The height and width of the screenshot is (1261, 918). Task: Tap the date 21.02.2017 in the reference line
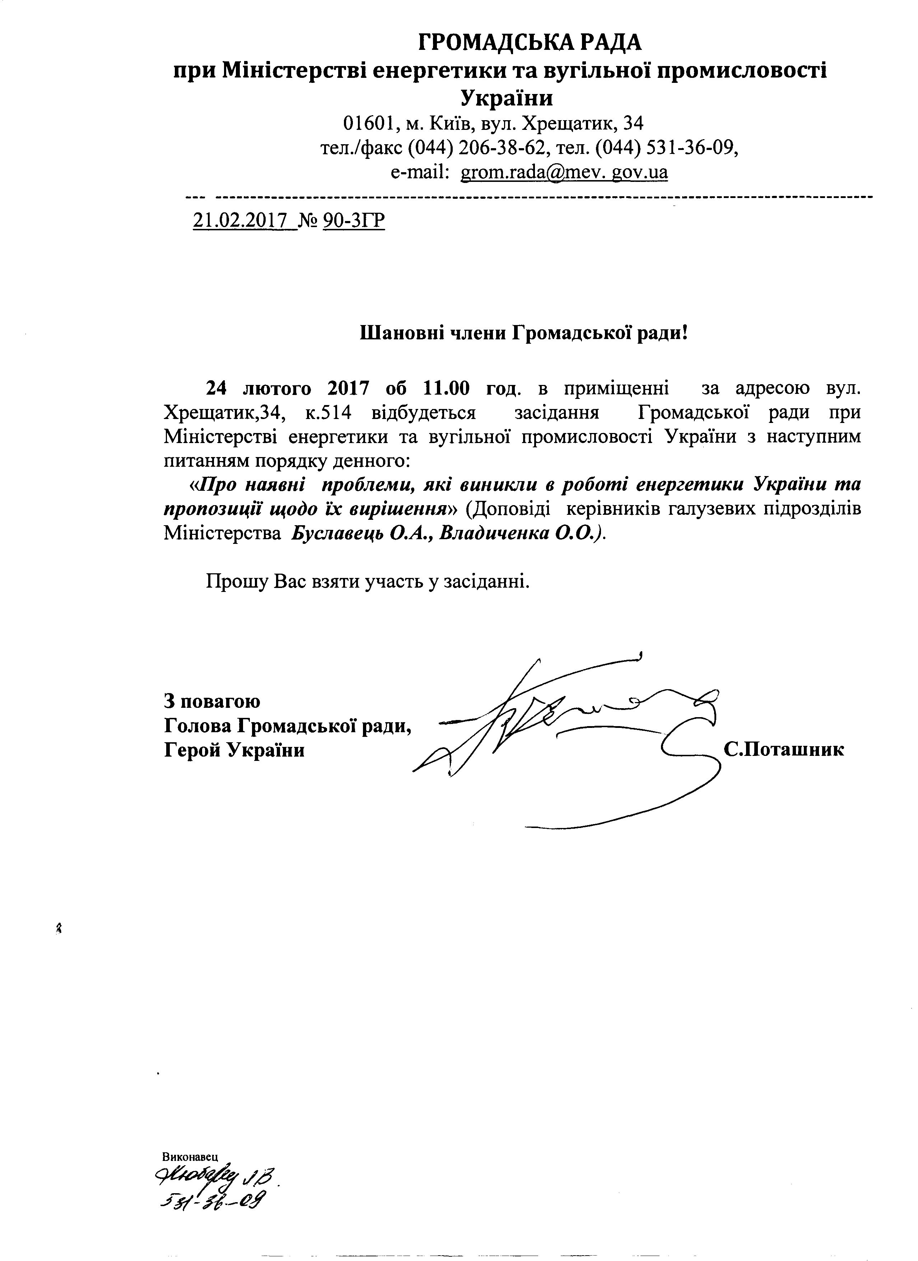245,221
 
